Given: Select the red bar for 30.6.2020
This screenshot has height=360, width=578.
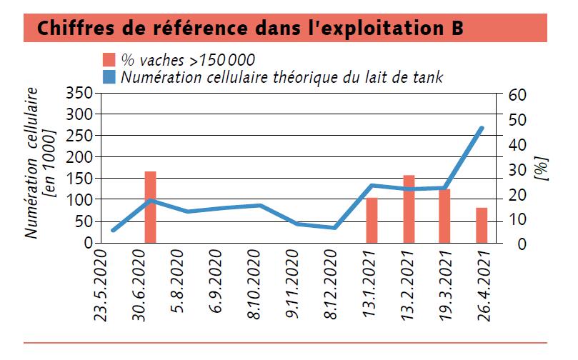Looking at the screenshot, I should pyautogui.click(x=150, y=207).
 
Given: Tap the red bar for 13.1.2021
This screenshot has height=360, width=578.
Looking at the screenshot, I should pyautogui.click(x=372, y=220).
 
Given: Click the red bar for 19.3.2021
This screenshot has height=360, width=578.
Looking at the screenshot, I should pyautogui.click(x=444, y=216).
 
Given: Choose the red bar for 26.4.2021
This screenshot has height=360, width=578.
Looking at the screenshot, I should pyautogui.click(x=482, y=225).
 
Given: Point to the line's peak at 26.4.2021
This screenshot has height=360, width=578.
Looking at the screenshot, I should pyautogui.click(x=482, y=128).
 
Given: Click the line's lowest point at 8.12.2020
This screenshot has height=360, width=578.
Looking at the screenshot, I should pyautogui.click(x=334, y=228).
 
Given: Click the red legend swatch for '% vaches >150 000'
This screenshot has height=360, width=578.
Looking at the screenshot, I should pyautogui.click(x=109, y=59).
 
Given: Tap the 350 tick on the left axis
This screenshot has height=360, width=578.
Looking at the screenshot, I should pyautogui.click(x=79, y=93).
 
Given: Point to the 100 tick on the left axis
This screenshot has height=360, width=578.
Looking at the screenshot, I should pyautogui.click(x=79, y=200).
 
